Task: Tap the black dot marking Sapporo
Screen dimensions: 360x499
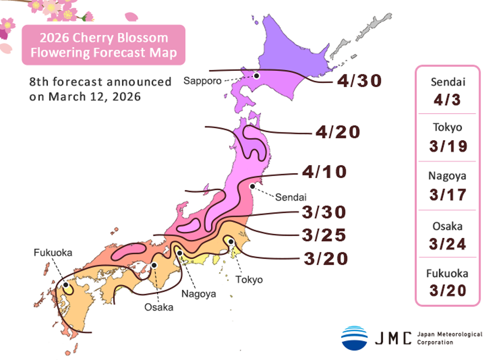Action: [x=256, y=76]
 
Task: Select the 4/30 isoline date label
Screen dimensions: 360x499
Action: [x=359, y=81]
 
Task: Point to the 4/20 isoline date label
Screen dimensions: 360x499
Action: [x=337, y=133]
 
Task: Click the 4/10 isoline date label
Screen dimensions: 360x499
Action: [x=324, y=173]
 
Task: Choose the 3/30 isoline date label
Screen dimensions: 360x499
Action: [x=323, y=212]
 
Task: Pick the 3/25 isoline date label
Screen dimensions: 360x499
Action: [x=323, y=234]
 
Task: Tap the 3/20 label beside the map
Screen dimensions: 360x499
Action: [x=325, y=259]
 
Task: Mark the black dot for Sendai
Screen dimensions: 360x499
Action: [x=252, y=186]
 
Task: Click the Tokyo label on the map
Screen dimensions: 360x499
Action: [x=249, y=280]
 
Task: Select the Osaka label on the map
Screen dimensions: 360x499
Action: [x=159, y=307]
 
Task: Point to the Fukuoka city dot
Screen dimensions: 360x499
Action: [x=66, y=286]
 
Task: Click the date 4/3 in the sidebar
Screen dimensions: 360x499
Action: [x=447, y=100]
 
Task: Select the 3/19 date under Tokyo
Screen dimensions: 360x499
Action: [x=447, y=147]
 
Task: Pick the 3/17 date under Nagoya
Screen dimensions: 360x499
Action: [x=447, y=194]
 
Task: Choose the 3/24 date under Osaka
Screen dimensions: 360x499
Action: [x=447, y=243]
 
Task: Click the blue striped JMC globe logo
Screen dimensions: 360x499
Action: [x=354, y=338]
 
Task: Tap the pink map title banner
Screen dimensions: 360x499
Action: [x=103, y=45]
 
